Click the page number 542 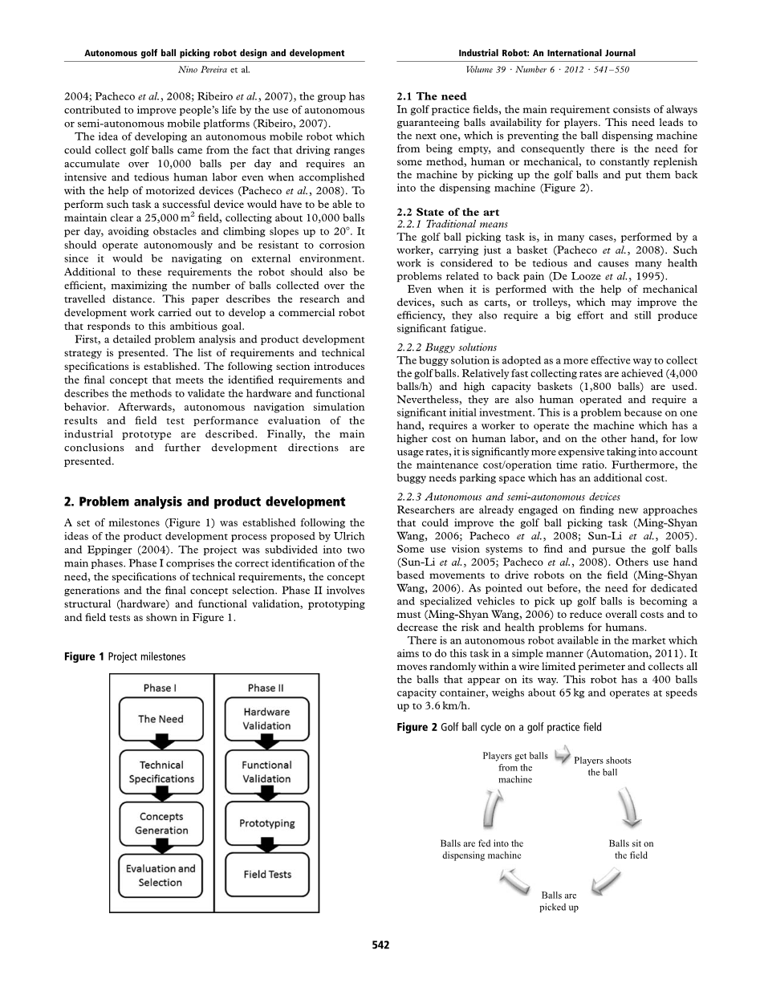point(380,944)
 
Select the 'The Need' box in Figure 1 point(161,719)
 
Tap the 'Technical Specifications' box point(161,772)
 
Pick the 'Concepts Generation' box point(161,823)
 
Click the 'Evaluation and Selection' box point(161,875)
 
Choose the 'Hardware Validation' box point(267,719)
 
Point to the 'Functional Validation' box point(267,772)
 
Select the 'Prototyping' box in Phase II point(267,823)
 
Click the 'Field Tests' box point(267,875)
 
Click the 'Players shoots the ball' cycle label point(602,766)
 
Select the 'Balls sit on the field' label point(631,849)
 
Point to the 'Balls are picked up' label point(559,901)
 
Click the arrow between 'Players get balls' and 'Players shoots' point(562,755)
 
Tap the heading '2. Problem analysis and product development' point(205,502)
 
